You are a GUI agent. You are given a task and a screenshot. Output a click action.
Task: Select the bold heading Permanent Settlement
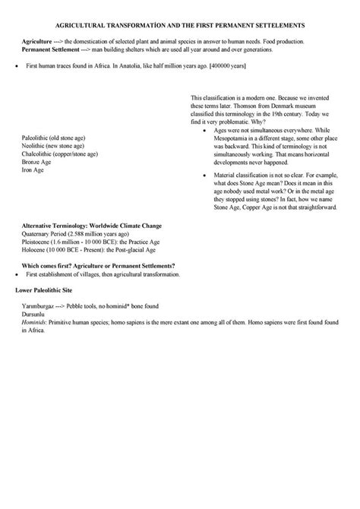click(49, 48)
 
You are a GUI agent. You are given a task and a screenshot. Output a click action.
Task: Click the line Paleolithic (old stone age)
click(54, 138)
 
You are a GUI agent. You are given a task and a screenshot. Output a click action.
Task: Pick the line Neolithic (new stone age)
click(53, 145)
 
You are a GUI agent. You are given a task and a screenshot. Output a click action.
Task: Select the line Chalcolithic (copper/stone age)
click(60, 153)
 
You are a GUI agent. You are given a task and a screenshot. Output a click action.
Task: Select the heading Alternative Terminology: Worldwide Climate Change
click(91, 226)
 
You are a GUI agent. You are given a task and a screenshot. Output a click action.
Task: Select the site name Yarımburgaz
click(41, 306)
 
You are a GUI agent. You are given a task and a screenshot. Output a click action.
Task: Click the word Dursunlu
click(36, 314)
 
